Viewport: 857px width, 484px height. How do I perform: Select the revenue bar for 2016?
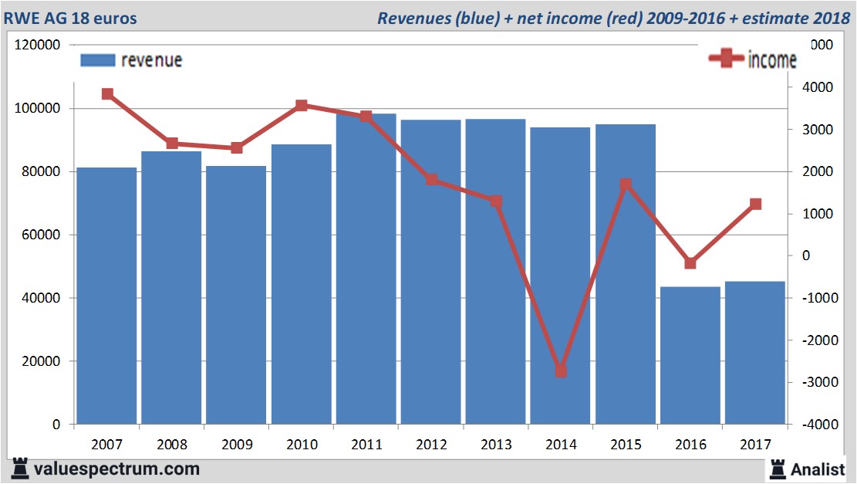point(690,355)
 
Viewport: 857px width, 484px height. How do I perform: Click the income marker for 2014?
point(561,371)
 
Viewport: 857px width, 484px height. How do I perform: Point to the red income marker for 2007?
point(107,94)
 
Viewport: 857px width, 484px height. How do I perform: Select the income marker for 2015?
point(626,184)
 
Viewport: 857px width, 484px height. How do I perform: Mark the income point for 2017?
point(755,205)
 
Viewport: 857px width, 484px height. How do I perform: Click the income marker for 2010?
point(302,106)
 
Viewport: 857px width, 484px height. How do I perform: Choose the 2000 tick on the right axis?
point(820,171)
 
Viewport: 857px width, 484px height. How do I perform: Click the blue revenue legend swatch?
point(97,60)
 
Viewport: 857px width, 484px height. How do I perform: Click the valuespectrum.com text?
point(116,469)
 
